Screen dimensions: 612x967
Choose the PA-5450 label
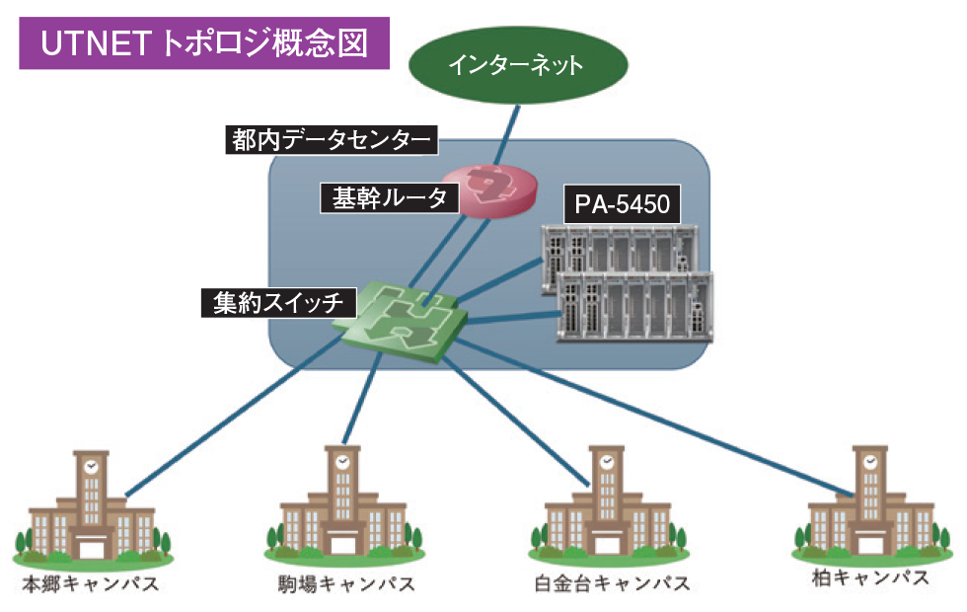click(622, 205)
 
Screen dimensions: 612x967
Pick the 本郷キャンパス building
click(92, 508)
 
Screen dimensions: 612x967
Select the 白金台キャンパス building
click(603, 508)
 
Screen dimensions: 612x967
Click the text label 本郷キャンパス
click(91, 583)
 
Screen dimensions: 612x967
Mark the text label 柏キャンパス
click(867, 577)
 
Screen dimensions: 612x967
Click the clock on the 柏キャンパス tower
click(869, 461)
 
